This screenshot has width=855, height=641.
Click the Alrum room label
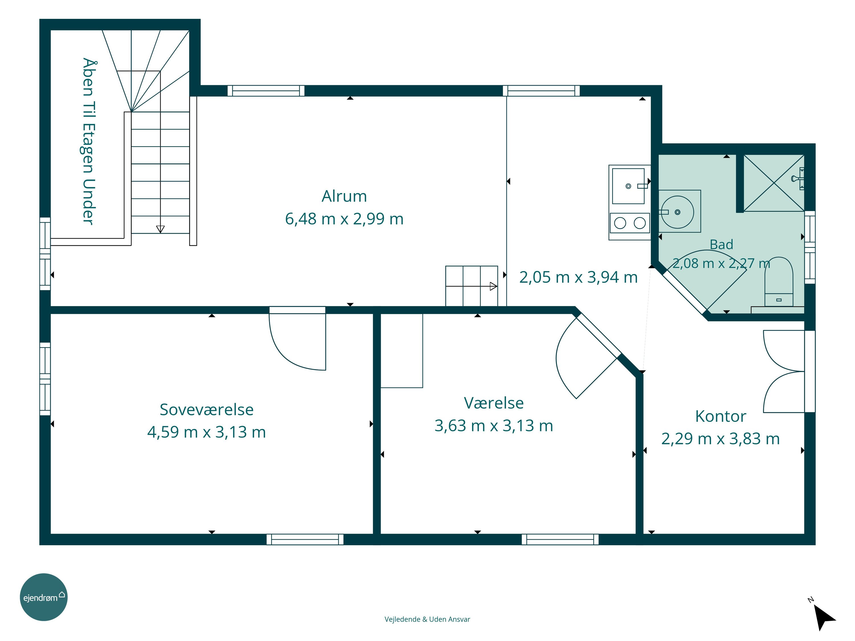click(344, 196)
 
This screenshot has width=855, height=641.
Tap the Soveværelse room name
click(206, 410)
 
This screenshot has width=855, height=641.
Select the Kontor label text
click(720, 416)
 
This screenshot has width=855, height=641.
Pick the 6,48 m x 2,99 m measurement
click(344, 219)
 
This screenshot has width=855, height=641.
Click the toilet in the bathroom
click(778, 281)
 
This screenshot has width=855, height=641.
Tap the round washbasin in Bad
click(677, 212)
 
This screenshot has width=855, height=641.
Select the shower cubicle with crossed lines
click(774, 183)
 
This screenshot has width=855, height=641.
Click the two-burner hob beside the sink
click(630, 223)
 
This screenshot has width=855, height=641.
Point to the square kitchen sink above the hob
click(628, 186)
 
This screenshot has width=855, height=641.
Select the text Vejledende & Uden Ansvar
click(427, 619)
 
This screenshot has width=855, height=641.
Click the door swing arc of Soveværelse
click(288, 354)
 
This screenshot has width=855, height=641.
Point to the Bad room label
click(721, 244)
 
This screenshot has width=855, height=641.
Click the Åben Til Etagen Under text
click(89, 141)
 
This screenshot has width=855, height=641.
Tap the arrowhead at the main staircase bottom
click(160, 229)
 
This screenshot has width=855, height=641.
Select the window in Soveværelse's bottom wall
click(305, 539)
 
